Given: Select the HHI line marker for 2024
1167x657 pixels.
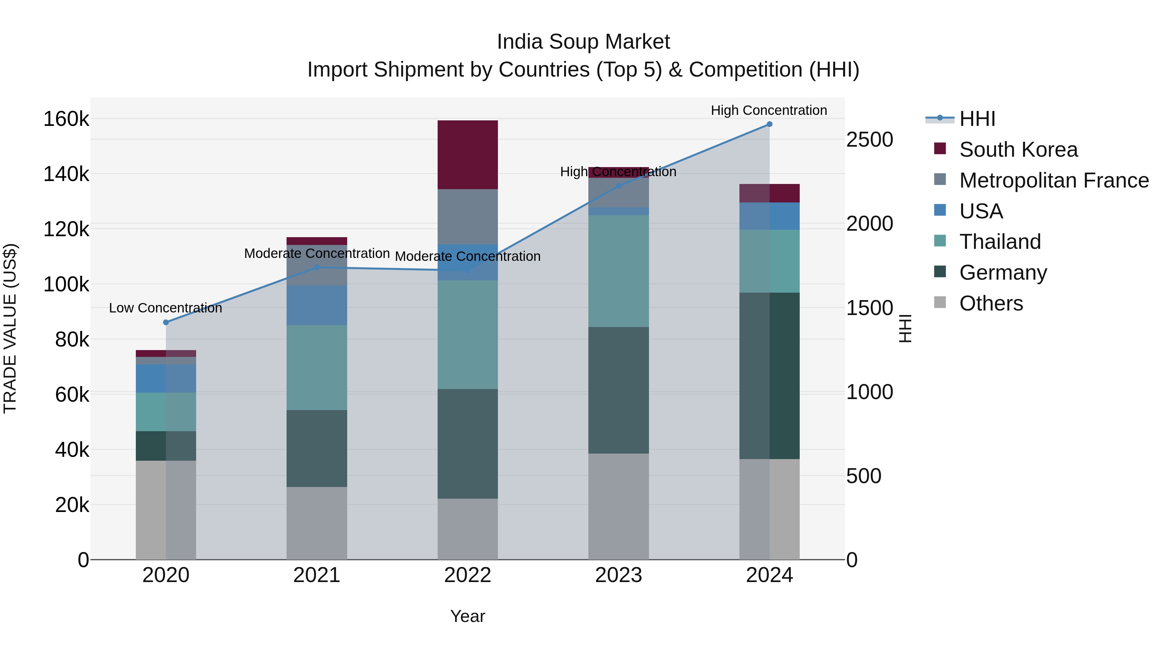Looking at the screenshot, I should tap(769, 124).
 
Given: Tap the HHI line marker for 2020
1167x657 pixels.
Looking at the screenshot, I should tap(166, 322).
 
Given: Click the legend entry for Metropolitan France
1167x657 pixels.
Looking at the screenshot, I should tap(1054, 180).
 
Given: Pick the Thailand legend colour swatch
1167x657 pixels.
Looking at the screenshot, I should tap(940, 241).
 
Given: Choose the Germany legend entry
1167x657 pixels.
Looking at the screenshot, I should tap(1003, 273).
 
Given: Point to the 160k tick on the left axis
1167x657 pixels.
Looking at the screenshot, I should tap(66, 119).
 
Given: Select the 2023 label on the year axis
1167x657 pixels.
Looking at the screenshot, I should tap(619, 575).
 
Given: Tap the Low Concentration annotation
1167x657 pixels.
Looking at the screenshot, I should tap(166, 308).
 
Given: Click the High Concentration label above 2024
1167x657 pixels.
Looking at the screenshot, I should tap(769, 110).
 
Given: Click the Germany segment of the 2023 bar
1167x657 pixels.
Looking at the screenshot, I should tap(619, 390).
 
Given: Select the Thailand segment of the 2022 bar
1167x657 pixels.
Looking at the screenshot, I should tap(467, 335).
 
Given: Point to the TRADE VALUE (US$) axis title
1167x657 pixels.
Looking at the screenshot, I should tap(10, 328).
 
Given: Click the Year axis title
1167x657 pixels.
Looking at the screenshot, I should tap(467, 616).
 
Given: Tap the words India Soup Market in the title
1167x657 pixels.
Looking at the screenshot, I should tap(583, 42).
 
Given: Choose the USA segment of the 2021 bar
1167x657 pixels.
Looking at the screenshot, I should tap(317, 305).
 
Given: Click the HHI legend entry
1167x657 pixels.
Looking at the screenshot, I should tap(977, 119).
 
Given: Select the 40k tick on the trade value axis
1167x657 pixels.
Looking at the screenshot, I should tap(72, 450).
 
